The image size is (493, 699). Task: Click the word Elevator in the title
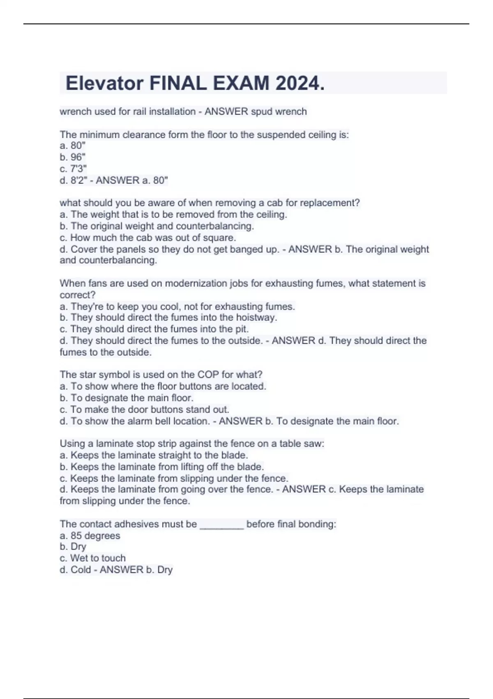pyautogui.click(x=104, y=83)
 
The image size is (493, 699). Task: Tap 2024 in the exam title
pyautogui.click(x=300, y=83)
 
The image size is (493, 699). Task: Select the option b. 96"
pyautogui.click(x=73, y=157)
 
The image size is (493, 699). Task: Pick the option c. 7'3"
pyautogui.click(x=73, y=169)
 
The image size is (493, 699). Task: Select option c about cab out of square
pyautogui.click(x=148, y=238)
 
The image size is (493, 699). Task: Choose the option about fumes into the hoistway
pyautogui.click(x=168, y=317)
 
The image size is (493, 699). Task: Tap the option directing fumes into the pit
pyautogui.click(x=154, y=329)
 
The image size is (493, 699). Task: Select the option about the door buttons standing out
pyautogui.click(x=145, y=410)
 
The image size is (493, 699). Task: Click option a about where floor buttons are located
pyautogui.click(x=163, y=386)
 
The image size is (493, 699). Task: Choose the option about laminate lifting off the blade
pyautogui.click(x=162, y=467)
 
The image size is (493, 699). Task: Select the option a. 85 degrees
pyautogui.click(x=90, y=536)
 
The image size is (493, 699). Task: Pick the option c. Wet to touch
pyautogui.click(x=93, y=558)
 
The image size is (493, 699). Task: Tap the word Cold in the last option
pyautogui.click(x=81, y=569)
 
